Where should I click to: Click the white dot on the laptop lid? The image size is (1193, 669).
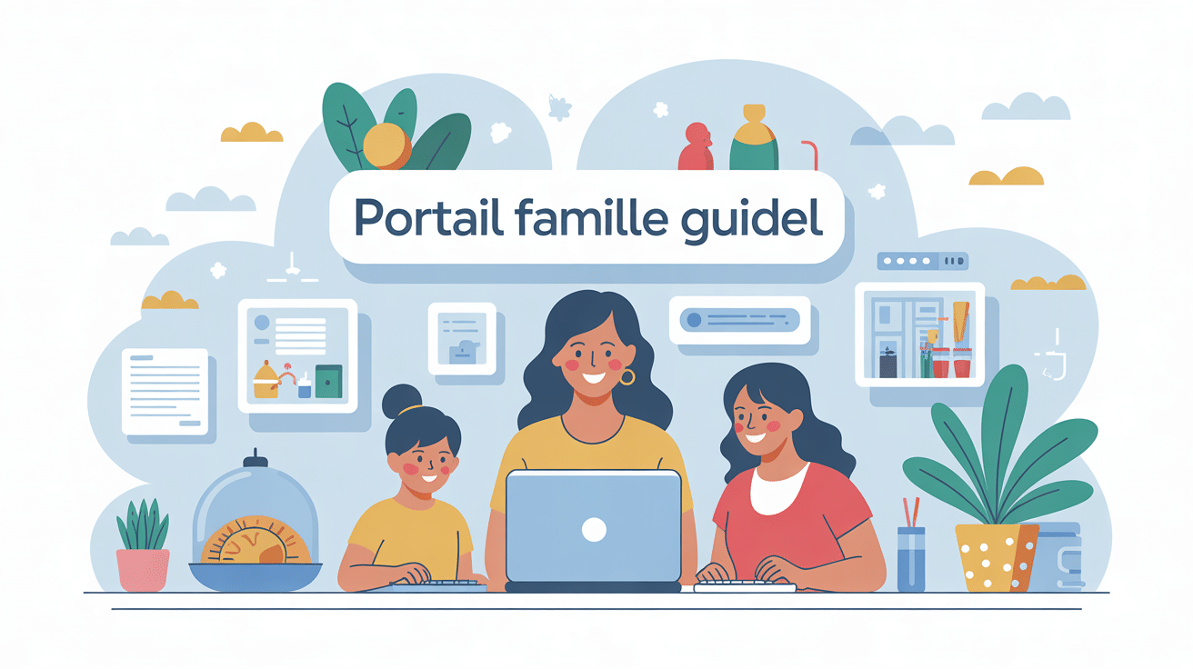[x=593, y=530]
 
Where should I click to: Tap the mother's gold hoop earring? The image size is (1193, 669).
[x=627, y=376]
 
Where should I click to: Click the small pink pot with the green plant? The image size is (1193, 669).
[x=143, y=568]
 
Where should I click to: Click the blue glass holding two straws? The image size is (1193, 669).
[x=910, y=558]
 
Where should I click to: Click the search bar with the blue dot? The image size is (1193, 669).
[x=738, y=320]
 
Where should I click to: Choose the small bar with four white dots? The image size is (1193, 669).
[x=922, y=262]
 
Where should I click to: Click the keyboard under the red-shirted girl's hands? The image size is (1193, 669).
[x=744, y=587]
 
